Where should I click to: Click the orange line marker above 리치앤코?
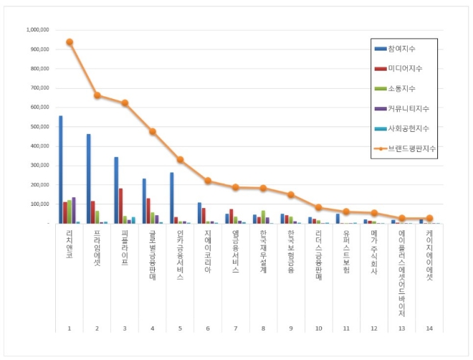pyautogui.click(x=70, y=42)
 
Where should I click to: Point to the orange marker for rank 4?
pyautogui.click(x=153, y=131)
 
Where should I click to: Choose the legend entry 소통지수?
pyautogui.click(x=402, y=88)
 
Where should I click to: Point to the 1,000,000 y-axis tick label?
pyautogui.click(x=37, y=30)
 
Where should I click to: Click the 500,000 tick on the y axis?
pyautogui.click(x=38, y=127)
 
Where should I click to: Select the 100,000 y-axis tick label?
pyautogui.click(x=38, y=204)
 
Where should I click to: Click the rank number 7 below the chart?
pyautogui.click(x=235, y=328)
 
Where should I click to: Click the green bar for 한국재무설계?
pyautogui.click(x=264, y=217)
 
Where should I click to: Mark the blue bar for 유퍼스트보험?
pyautogui.click(x=338, y=218)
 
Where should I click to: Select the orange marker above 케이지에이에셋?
pyautogui.click(x=430, y=218)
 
